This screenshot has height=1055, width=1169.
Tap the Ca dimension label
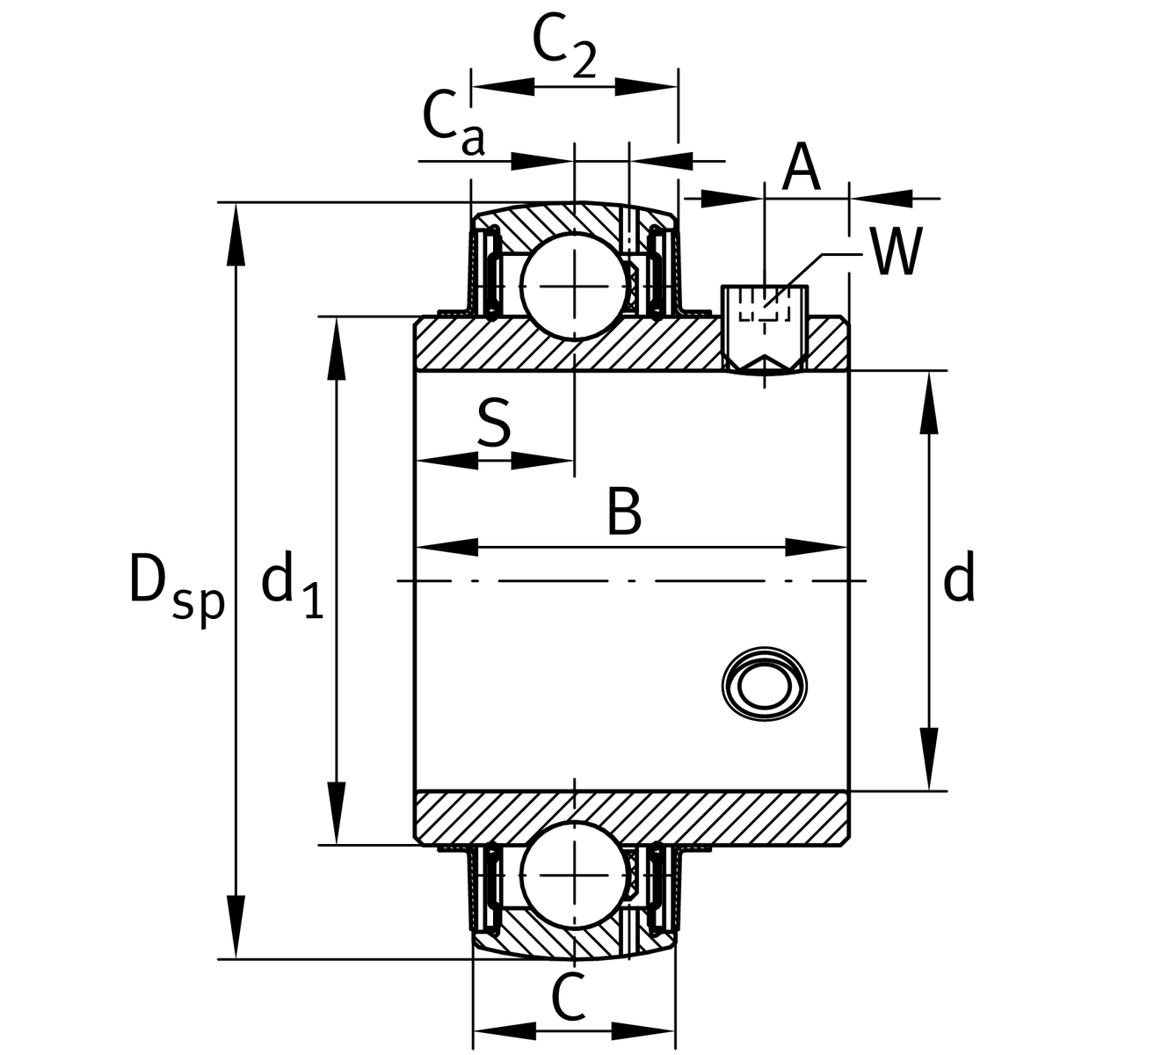point(453,123)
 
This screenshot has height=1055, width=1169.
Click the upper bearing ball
point(574,285)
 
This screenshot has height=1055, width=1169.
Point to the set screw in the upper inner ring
point(765,327)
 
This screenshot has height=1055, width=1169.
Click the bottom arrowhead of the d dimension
point(929,760)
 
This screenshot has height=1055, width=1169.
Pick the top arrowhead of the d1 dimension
point(335,348)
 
